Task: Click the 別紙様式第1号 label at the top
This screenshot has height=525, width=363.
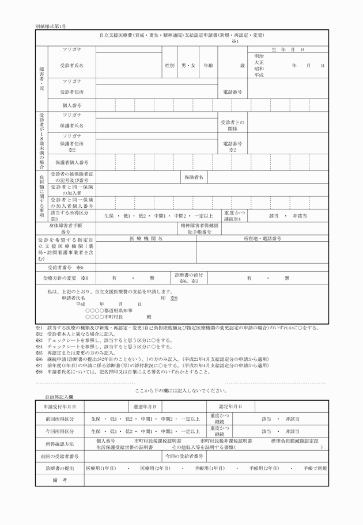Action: pos(51,26)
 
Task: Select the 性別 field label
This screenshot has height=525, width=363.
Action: pos(169,66)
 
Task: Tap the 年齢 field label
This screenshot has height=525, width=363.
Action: pos(208,66)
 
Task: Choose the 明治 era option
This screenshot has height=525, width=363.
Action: pos(259,56)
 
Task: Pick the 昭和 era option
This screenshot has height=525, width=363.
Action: pos(259,69)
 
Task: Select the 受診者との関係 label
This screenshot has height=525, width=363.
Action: pos(232,125)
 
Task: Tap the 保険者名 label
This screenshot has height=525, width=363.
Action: pos(194,177)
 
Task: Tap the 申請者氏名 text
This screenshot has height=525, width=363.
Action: pos(74,298)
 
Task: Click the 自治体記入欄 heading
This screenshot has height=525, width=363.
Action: pos(59,397)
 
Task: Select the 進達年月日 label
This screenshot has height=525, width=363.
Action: pos(145,406)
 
